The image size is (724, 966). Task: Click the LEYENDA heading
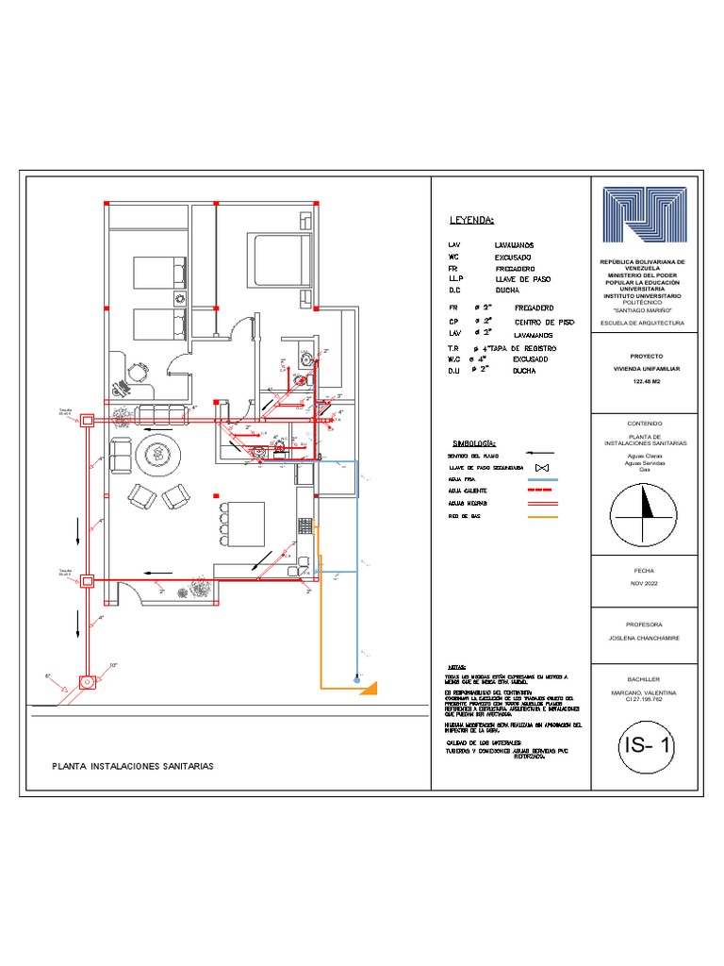[471, 221]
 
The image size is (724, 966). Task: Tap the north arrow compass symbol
[645, 513]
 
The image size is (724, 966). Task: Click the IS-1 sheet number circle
[646, 748]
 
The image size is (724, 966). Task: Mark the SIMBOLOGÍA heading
[474, 442]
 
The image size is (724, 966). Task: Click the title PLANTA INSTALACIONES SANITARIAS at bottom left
[132, 766]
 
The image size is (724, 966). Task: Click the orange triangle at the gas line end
[370, 687]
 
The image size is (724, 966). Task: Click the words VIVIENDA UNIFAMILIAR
[646, 370]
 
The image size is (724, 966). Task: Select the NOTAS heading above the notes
[456, 666]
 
